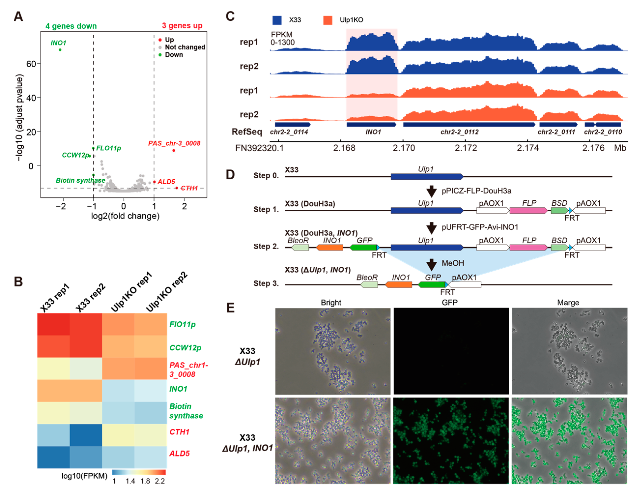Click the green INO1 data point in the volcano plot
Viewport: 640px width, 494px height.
pos(60,50)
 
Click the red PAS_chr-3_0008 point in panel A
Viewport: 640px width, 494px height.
pos(174,151)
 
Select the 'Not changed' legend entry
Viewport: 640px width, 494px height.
pos(185,47)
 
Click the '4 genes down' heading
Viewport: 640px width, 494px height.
pos(71,26)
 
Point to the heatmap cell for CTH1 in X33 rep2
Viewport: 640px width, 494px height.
pos(86,435)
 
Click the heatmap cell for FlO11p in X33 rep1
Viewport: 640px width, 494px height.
pos(53,324)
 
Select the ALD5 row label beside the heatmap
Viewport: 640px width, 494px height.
pos(179,453)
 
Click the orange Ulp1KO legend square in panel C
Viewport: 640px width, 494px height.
pos(328,20)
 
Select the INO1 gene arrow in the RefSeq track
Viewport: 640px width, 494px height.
pos(371,124)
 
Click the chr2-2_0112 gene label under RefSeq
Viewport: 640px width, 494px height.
pos(459,132)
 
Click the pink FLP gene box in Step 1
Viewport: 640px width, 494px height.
pos(528,210)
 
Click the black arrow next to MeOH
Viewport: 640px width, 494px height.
pos(431,265)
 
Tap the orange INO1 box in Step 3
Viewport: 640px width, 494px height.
pos(398,285)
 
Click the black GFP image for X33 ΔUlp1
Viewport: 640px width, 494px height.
pos(451,351)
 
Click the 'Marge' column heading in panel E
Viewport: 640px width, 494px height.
pos(568,302)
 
